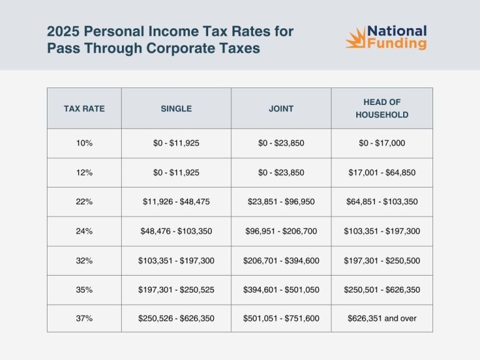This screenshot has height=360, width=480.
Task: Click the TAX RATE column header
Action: (84, 108)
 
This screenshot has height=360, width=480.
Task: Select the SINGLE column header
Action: (176, 108)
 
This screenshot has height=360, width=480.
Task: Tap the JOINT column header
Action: (281, 108)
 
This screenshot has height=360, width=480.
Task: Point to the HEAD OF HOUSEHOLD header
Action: (382, 108)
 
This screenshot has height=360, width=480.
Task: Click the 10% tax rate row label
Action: (84, 143)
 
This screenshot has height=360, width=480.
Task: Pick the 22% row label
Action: (84, 202)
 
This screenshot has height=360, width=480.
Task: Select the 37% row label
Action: (84, 318)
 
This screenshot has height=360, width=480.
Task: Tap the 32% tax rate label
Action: (84, 260)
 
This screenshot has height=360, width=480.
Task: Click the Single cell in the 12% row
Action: (176, 172)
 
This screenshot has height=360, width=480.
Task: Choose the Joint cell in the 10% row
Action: (281, 143)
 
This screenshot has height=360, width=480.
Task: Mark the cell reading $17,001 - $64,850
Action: (382, 172)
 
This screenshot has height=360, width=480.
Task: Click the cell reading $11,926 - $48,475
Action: (176, 202)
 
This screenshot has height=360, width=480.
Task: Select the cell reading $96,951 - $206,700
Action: (281, 231)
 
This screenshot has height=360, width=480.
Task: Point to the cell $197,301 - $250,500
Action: (382, 260)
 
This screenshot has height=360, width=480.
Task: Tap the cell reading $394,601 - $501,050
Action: (281, 289)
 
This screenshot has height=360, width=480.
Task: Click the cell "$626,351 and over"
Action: (382, 318)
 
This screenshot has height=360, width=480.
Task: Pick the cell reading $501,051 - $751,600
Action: (281, 318)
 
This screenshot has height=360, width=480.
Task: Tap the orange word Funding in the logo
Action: (397, 44)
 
